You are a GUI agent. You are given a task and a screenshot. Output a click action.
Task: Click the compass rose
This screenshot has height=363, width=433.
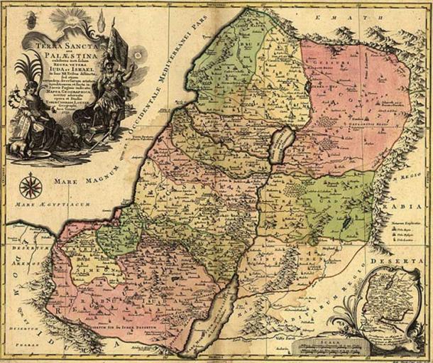[x=30, y=186]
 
